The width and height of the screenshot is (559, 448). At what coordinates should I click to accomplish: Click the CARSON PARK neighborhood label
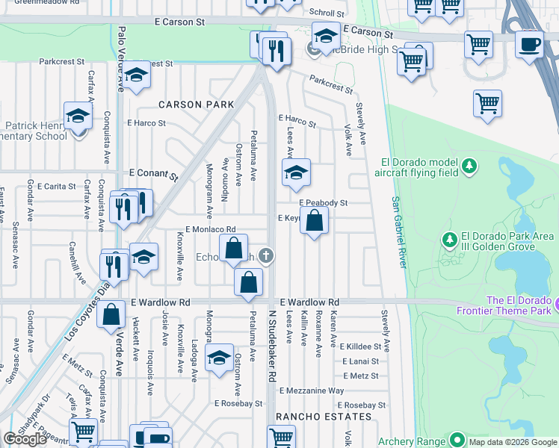tap(196, 105)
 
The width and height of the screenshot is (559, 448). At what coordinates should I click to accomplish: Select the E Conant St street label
tap(153, 175)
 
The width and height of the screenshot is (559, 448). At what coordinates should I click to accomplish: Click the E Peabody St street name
tap(324, 202)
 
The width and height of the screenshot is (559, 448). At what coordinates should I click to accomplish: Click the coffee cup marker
tap(529, 45)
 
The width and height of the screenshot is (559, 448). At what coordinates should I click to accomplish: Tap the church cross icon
tap(265, 257)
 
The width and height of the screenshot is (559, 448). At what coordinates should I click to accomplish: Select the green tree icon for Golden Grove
tap(450, 240)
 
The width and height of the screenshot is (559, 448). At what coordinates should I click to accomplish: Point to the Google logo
tap(25, 439)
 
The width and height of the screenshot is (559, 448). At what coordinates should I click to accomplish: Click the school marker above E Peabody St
tap(296, 174)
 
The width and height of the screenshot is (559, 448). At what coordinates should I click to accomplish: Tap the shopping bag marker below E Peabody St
tap(315, 221)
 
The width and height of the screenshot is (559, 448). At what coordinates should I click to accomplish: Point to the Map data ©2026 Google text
tap(512, 441)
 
